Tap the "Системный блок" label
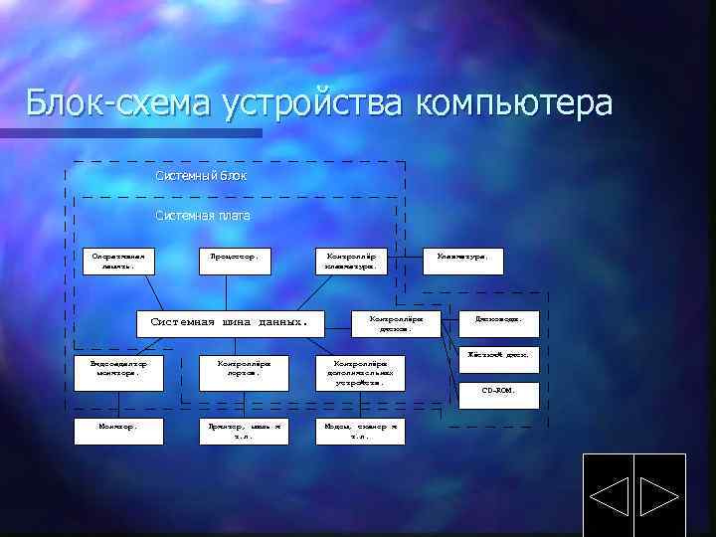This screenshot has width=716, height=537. (201, 176)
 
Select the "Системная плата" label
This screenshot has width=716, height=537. (203, 215)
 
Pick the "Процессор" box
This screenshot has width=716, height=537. (235, 261)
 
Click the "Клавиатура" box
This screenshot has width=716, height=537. (462, 260)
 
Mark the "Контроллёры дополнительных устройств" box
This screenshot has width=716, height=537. (359, 372)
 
